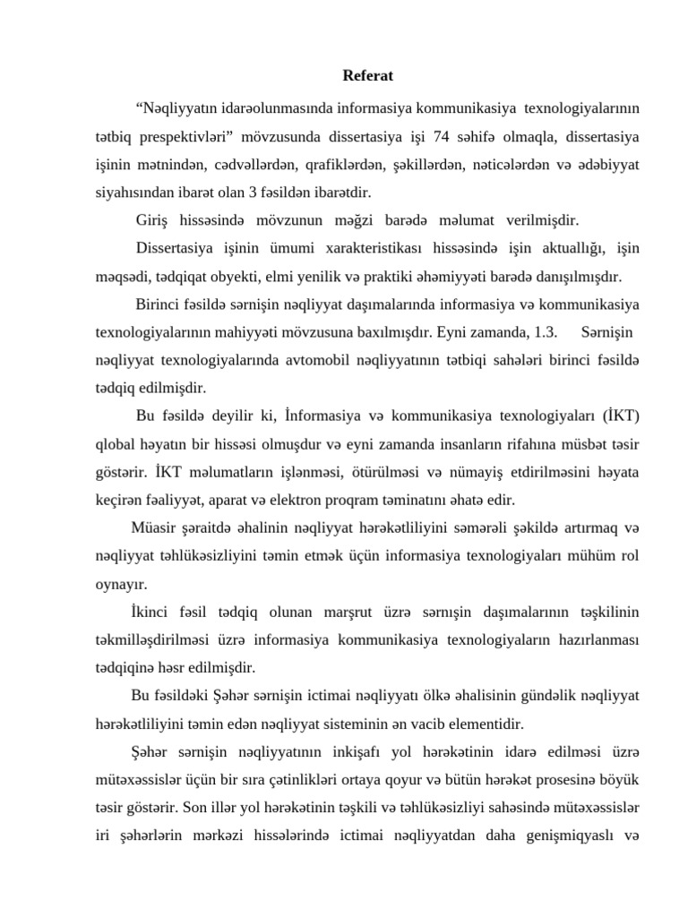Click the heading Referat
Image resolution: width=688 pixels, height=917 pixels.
click(x=367, y=76)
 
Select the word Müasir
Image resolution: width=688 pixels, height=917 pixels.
click(x=155, y=527)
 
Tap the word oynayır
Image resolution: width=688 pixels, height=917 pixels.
click(x=121, y=583)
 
